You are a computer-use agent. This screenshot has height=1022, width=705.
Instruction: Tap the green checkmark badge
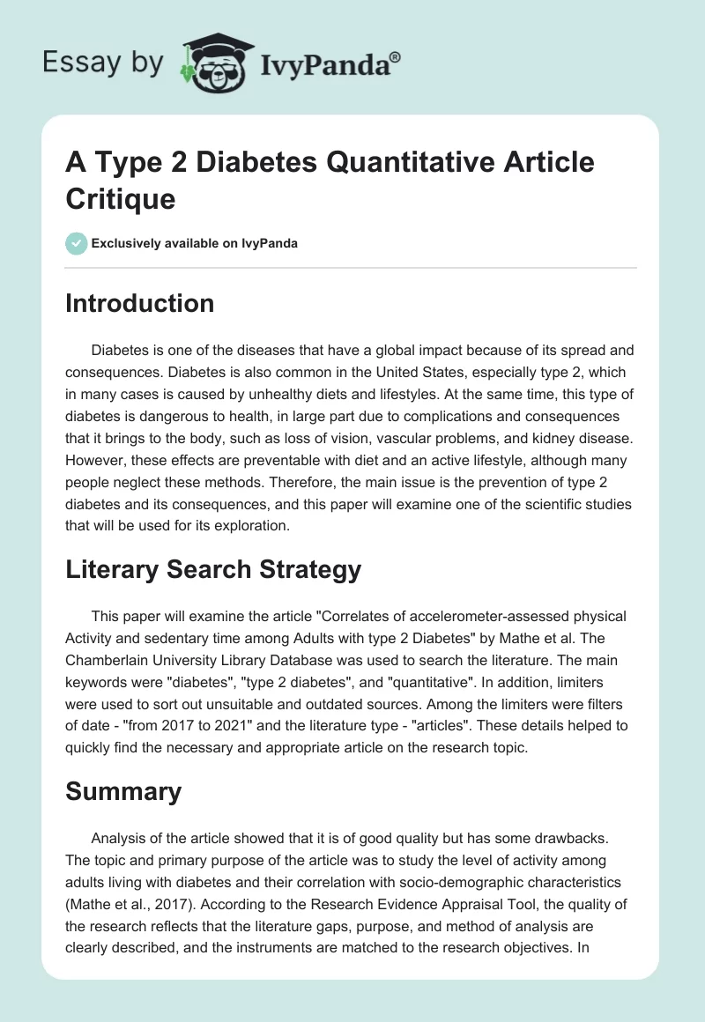[x=76, y=243]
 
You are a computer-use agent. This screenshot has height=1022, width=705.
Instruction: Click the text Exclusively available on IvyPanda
[x=194, y=243]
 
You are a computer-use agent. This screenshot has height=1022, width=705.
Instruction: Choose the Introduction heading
[x=139, y=303]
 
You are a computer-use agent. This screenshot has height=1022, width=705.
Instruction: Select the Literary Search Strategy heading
[x=213, y=569]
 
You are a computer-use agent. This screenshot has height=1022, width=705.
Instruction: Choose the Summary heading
[x=123, y=790]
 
